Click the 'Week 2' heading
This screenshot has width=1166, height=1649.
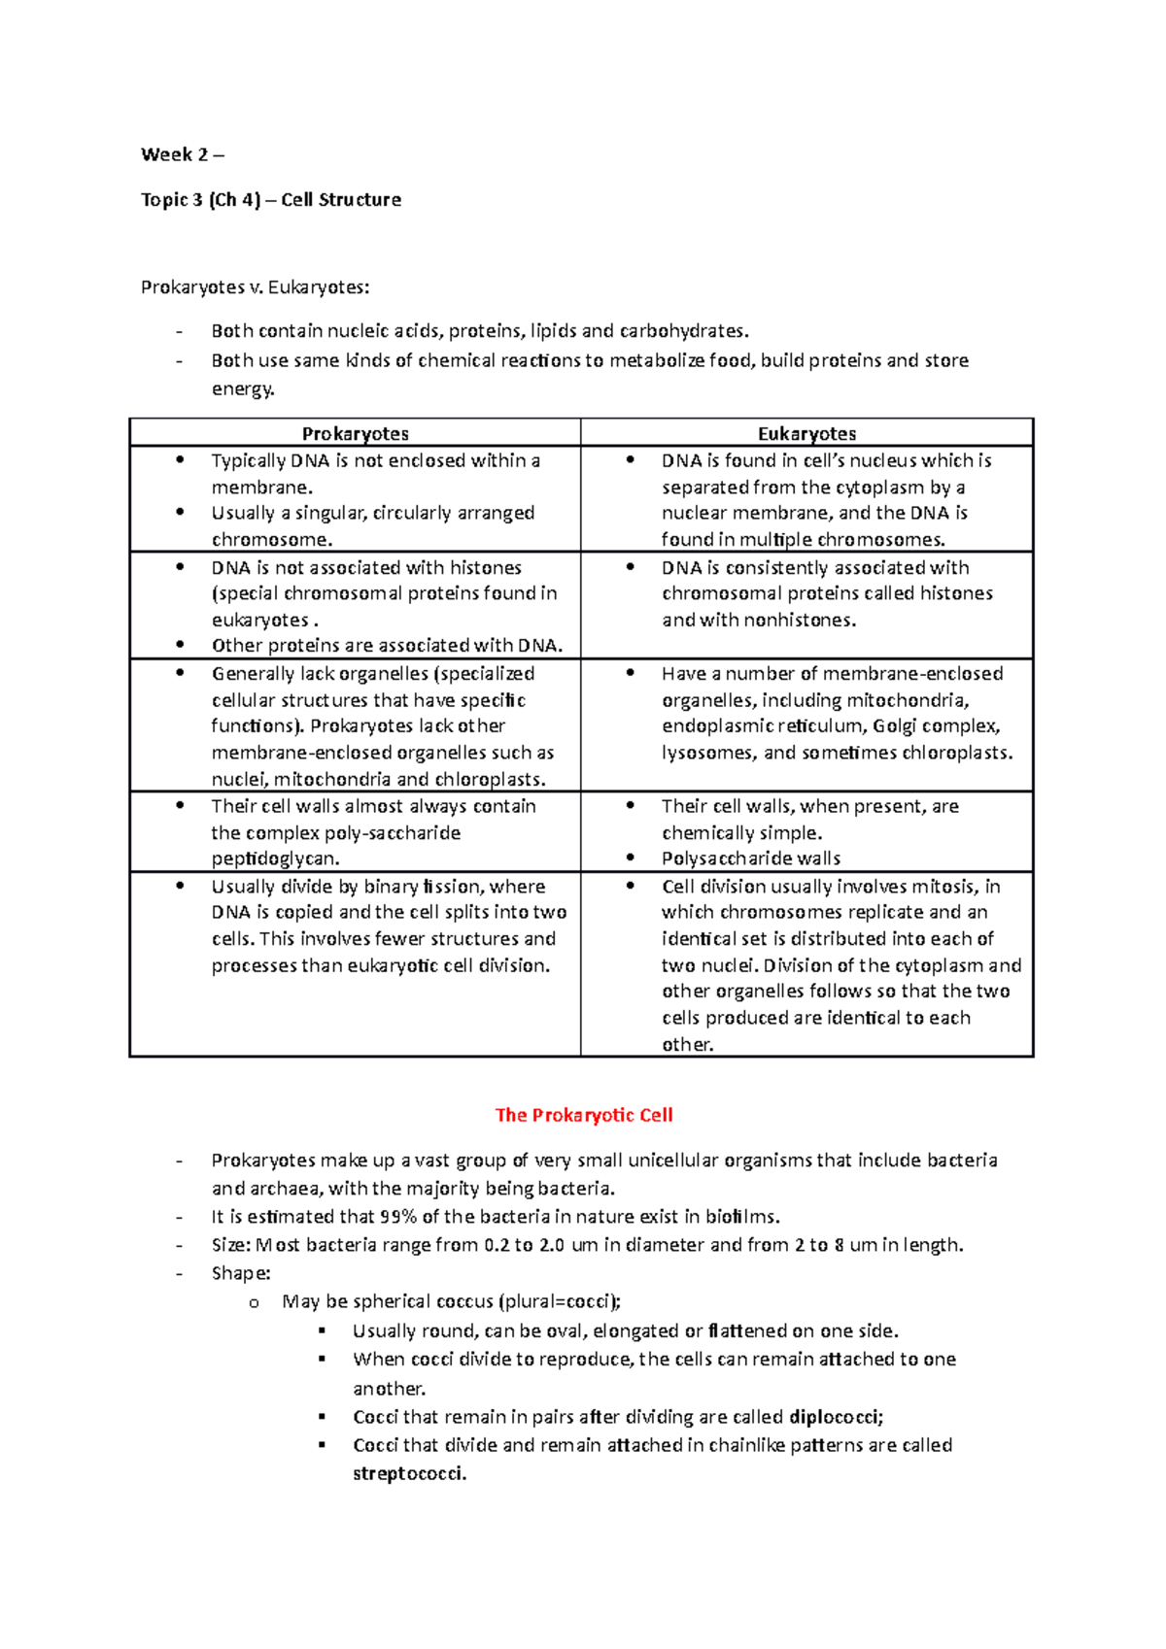tap(175, 154)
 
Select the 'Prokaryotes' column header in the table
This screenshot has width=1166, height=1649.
tap(355, 434)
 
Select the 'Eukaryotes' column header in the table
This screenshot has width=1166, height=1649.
tap(806, 434)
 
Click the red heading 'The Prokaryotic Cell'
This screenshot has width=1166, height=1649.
tap(583, 1115)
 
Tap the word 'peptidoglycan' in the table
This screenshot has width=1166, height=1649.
tap(274, 858)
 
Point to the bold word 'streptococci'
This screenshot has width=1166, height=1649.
tap(408, 1473)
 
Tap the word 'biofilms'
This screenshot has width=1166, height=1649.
tap(741, 1217)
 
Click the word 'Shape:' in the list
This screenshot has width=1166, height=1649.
tap(240, 1273)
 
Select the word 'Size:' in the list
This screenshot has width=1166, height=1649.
tap(230, 1245)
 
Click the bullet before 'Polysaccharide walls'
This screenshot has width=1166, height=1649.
tap(631, 858)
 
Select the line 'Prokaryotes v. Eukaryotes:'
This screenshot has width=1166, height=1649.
tap(255, 287)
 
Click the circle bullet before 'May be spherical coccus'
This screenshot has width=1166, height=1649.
tap(254, 1303)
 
